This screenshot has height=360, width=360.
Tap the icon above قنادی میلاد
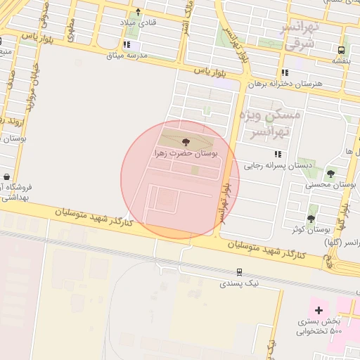pyautogui.click(x=139, y=12)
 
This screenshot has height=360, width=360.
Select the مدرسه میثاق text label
pyautogui.click(x=127, y=55)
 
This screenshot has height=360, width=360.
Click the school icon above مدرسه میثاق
pyautogui.click(x=126, y=45)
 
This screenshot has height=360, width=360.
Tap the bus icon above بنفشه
pyautogui.click(x=341, y=50)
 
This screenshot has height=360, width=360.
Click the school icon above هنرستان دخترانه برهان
pyautogui.click(x=285, y=72)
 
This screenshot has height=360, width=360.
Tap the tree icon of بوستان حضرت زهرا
pyautogui.click(x=186, y=141)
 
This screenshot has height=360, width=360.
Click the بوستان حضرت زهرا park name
pyautogui.click(x=186, y=152)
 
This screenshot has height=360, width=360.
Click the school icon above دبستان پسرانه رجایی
pyautogui.click(x=278, y=154)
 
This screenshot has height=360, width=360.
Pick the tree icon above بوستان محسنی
pyautogui.click(x=330, y=174)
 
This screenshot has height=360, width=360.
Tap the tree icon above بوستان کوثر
pyautogui.click(x=311, y=219)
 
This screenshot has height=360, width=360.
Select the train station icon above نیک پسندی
pyautogui.click(x=240, y=271)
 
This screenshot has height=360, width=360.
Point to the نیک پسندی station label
pyautogui.click(x=240, y=283)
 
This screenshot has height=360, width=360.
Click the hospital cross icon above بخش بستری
pyautogui.click(x=319, y=309)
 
